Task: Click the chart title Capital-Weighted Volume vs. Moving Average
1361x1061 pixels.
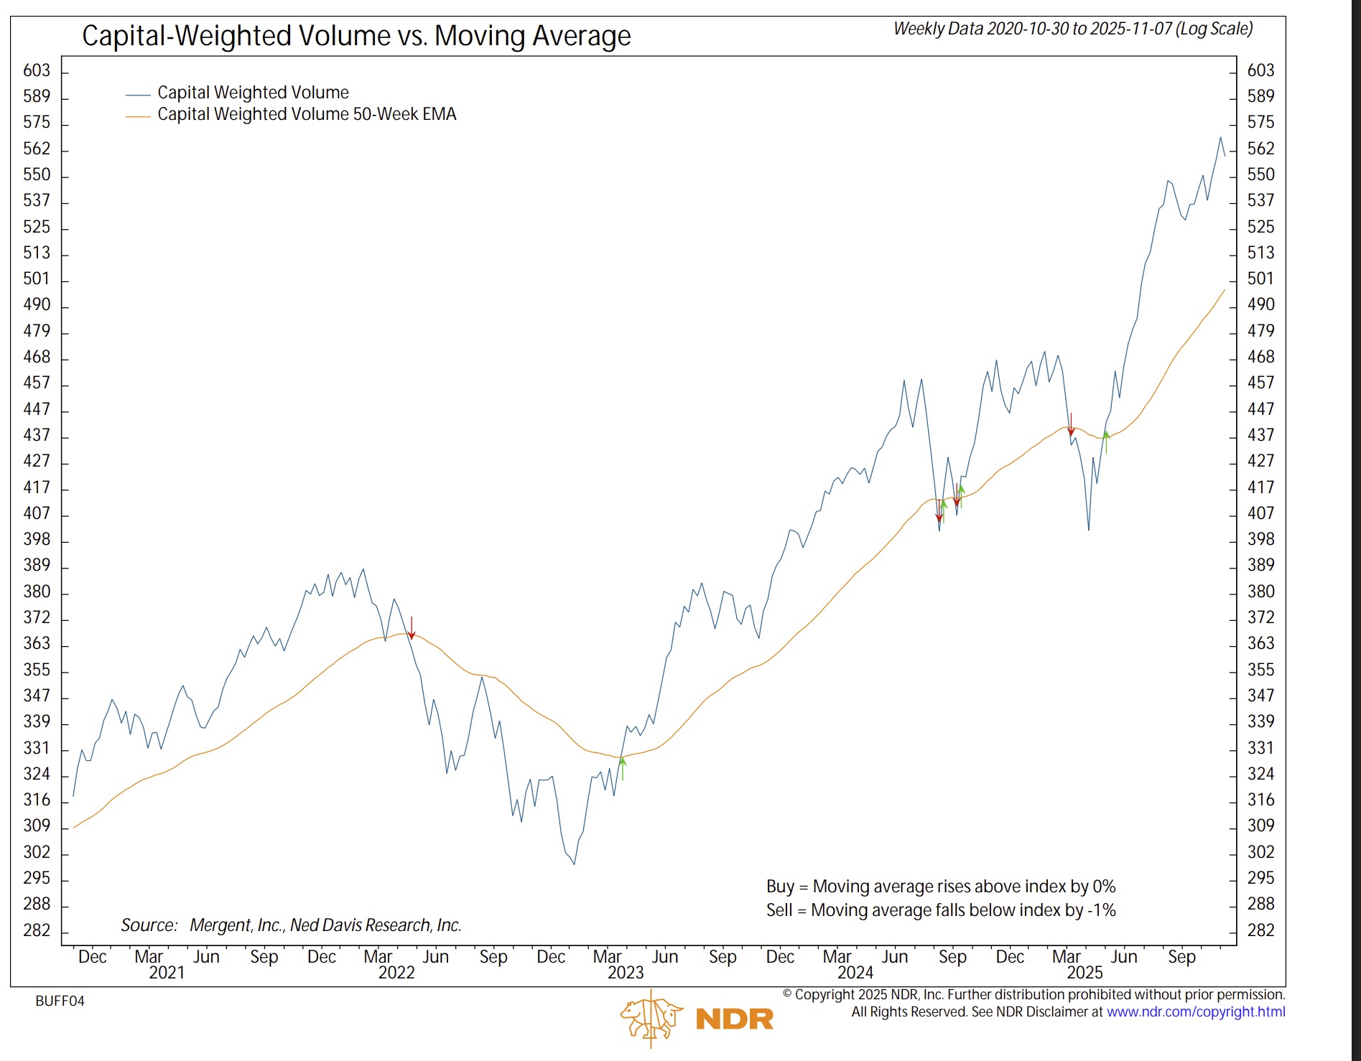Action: (356, 36)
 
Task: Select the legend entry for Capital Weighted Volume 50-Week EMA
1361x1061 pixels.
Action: (307, 114)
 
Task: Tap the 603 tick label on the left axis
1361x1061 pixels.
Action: (37, 70)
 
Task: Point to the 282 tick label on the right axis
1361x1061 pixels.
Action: (1261, 930)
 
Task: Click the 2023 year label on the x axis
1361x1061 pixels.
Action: (626, 973)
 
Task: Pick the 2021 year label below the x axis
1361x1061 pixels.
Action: (167, 973)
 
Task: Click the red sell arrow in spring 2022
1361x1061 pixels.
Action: (412, 628)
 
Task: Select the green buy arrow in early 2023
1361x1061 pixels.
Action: (623, 767)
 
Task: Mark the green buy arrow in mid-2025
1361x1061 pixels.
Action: (1106, 441)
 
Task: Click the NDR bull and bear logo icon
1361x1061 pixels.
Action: (651, 1018)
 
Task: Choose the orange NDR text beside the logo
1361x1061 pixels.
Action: (734, 1019)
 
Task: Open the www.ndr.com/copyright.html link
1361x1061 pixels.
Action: (1196, 1012)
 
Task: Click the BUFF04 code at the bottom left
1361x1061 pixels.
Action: (60, 1001)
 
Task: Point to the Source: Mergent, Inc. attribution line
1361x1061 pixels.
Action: (291, 925)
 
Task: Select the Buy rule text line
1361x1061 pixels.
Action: (940, 887)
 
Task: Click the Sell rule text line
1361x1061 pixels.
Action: (940, 910)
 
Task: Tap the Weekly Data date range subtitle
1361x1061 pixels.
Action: (1073, 29)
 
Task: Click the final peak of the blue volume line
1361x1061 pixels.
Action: (1220, 137)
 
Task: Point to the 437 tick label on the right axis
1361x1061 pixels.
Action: (1261, 435)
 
